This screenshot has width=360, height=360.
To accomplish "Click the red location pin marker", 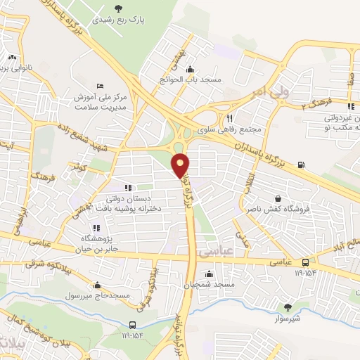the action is [x=181, y=165].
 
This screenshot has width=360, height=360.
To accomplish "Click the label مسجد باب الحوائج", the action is [x=191, y=79].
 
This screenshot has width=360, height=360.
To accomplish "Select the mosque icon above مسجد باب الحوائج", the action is [x=190, y=69].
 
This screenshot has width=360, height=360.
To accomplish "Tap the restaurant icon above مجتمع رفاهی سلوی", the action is [x=229, y=119].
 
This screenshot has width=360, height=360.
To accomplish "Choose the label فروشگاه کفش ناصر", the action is [x=278, y=210].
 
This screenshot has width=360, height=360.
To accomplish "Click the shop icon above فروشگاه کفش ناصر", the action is [x=279, y=199].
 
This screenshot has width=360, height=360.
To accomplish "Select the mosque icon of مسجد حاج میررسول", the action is [x=96, y=285].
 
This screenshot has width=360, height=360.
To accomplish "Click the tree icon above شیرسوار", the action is [x=287, y=307].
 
